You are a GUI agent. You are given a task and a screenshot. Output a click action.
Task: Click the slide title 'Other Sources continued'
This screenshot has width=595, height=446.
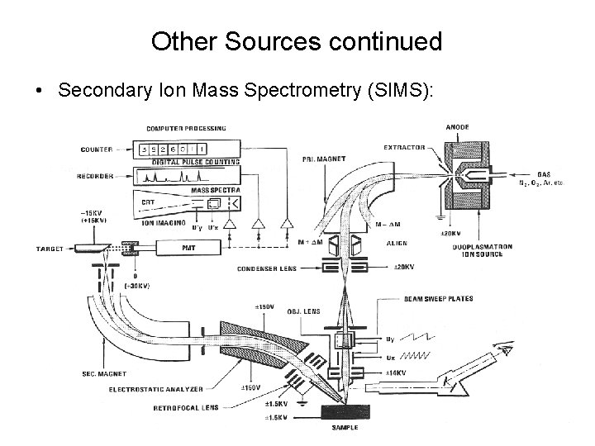[297, 41]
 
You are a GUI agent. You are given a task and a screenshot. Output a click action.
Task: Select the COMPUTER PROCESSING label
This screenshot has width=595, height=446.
[184, 128]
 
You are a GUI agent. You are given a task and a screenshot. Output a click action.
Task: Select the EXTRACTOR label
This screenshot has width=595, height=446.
[404, 148]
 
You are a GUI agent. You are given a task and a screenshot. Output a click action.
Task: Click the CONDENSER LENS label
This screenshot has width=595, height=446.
[267, 268]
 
